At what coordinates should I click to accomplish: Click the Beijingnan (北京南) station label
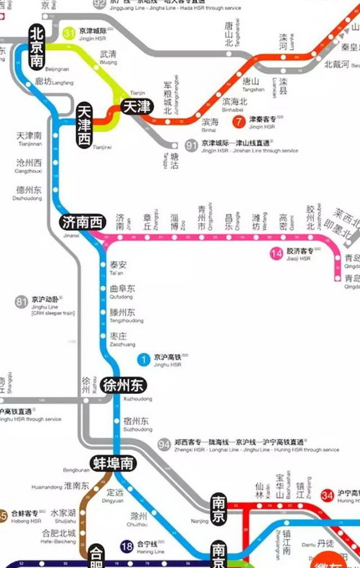pyautogui.click(x=37, y=47)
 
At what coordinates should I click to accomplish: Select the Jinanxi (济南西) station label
pyautogui.click(x=82, y=223)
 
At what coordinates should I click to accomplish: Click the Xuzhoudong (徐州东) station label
pyautogui.click(x=124, y=386)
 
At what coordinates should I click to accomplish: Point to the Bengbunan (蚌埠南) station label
pyautogui.click(x=113, y=463)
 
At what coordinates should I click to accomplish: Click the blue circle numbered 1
pyautogui.click(x=144, y=359)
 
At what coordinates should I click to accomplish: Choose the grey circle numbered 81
pyautogui.click(x=21, y=303)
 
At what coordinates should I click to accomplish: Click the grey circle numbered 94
pyautogui.click(x=164, y=445)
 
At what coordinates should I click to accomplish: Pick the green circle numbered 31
pyautogui.click(x=69, y=33)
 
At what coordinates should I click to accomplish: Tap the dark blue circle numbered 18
pyautogui.click(x=127, y=545)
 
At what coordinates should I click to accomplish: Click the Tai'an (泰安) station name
pyautogui.click(x=118, y=264)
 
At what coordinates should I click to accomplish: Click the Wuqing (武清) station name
pyautogui.click(x=108, y=55)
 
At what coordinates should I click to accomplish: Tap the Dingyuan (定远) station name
pyautogui.click(x=115, y=491)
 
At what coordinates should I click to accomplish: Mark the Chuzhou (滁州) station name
pyautogui.click(x=139, y=516)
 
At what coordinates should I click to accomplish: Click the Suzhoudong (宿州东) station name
pyautogui.click(x=137, y=420)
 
